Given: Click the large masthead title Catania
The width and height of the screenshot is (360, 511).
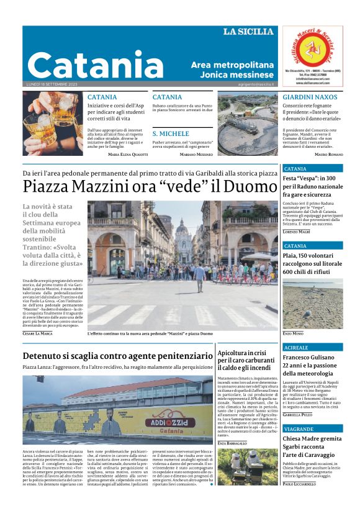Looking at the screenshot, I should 96,65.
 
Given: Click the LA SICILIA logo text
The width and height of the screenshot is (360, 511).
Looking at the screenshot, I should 248,32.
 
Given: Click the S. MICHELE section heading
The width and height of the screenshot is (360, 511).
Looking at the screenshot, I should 171,133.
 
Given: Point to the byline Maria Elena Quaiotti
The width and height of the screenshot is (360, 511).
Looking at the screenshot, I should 128,154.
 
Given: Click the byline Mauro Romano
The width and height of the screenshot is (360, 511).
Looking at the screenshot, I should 328,154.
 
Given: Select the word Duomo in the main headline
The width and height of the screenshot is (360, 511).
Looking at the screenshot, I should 248,186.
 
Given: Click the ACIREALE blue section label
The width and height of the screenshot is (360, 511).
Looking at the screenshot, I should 296,347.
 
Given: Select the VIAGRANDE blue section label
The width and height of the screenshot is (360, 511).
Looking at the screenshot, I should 299,429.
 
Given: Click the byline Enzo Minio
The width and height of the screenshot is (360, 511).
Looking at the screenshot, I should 293,333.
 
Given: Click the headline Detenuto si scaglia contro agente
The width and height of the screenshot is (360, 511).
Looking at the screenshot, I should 117,356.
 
